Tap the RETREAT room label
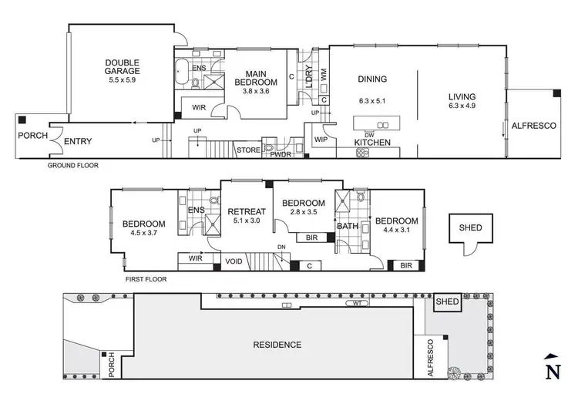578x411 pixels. point(246,212)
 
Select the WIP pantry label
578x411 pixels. point(321,140)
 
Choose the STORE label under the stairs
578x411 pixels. point(247,150)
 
